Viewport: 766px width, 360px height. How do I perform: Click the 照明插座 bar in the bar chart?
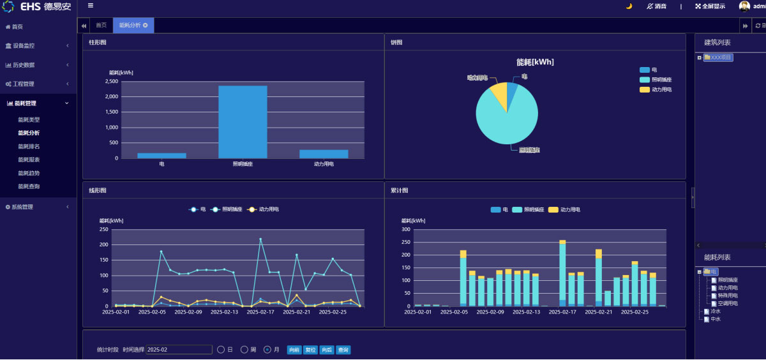[x=243, y=122]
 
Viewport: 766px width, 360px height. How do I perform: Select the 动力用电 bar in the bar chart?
[x=324, y=154]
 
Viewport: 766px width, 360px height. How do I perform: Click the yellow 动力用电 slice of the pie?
[x=499, y=93]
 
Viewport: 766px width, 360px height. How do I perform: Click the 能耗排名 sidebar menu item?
[x=29, y=146]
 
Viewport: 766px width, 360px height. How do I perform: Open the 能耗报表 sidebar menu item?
[x=29, y=160]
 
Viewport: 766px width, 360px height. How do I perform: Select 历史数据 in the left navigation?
[x=24, y=65]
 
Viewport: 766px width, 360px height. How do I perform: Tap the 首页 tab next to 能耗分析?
[x=101, y=25]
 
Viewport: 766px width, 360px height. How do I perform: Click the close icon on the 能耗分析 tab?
[x=146, y=25]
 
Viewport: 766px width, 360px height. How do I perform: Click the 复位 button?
[x=310, y=350]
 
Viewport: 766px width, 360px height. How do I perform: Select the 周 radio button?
[x=244, y=350]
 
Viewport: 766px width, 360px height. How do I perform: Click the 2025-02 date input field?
[x=179, y=350]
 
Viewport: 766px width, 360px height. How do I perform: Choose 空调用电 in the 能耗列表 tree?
[x=728, y=303]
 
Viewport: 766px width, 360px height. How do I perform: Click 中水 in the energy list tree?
[x=715, y=319]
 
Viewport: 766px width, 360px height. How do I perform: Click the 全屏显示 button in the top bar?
[x=710, y=6]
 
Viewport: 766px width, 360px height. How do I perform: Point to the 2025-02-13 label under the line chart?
[x=225, y=312]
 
